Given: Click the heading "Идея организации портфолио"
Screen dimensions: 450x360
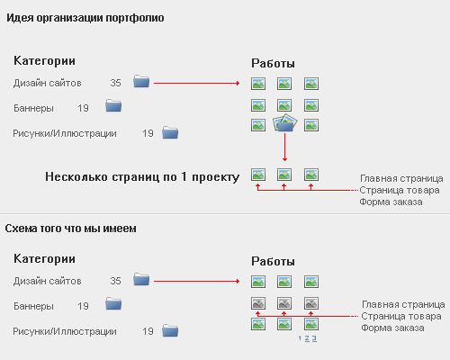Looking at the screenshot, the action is [85, 18].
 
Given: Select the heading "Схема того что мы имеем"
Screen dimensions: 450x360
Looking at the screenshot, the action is [70, 229].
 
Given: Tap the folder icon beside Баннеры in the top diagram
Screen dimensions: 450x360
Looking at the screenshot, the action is [113, 105].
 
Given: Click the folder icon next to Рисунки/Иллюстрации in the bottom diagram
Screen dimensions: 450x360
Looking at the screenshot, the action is [170, 330].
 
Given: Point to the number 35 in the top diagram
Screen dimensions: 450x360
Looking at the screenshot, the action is [115, 83].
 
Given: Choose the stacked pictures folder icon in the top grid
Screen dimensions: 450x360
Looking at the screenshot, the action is [284, 123].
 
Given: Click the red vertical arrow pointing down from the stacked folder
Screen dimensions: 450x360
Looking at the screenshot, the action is [284, 148].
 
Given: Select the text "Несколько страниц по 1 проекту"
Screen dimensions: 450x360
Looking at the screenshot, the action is [142, 176].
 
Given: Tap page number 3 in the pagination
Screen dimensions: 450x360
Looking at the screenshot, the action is [314, 338].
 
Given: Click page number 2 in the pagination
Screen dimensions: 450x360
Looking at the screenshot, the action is [307, 338].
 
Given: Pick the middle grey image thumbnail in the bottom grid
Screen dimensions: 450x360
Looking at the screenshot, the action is [284, 303].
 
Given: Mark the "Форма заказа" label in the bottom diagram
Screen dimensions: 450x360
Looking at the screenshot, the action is [392, 328].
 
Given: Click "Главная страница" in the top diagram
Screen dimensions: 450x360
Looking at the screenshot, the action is [401, 178].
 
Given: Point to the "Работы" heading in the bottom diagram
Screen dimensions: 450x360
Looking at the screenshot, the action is [273, 261].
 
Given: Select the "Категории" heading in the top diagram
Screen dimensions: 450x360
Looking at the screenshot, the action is [44, 61].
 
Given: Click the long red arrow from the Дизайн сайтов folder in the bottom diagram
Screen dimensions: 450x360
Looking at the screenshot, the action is [197, 281].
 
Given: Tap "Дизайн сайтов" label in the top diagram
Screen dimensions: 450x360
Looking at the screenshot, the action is [47, 83].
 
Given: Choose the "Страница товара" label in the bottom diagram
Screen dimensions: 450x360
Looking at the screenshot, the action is [401, 316].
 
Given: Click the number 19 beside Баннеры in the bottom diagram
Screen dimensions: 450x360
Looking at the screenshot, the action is [83, 306].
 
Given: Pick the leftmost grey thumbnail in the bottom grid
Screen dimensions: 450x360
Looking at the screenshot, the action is [258, 303].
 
